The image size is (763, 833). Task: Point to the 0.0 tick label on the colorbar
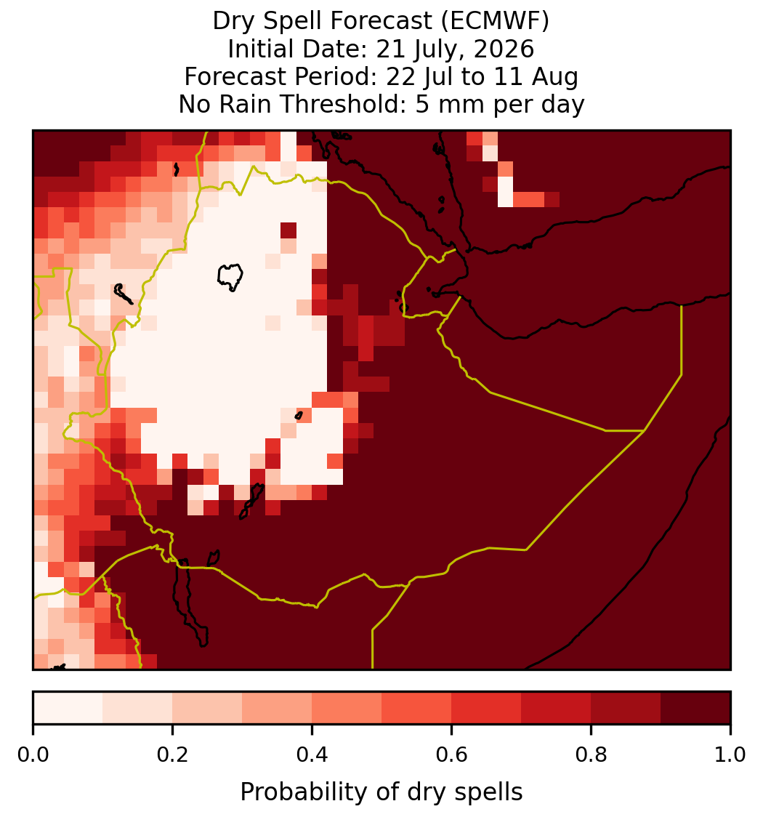33,755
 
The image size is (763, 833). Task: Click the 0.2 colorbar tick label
172,755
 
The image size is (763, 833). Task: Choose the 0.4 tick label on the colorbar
312,755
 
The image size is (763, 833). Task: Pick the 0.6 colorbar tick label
452,755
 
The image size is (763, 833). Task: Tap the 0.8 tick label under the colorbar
591,755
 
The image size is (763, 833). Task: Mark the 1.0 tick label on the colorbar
730,755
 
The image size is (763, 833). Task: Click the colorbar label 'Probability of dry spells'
381,792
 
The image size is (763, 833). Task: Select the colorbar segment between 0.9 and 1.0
695,708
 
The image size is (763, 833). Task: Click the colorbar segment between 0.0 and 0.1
68,708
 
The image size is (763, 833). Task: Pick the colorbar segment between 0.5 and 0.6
417,708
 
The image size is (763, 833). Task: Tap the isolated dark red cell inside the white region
288,230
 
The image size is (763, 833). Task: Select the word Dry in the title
232,21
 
